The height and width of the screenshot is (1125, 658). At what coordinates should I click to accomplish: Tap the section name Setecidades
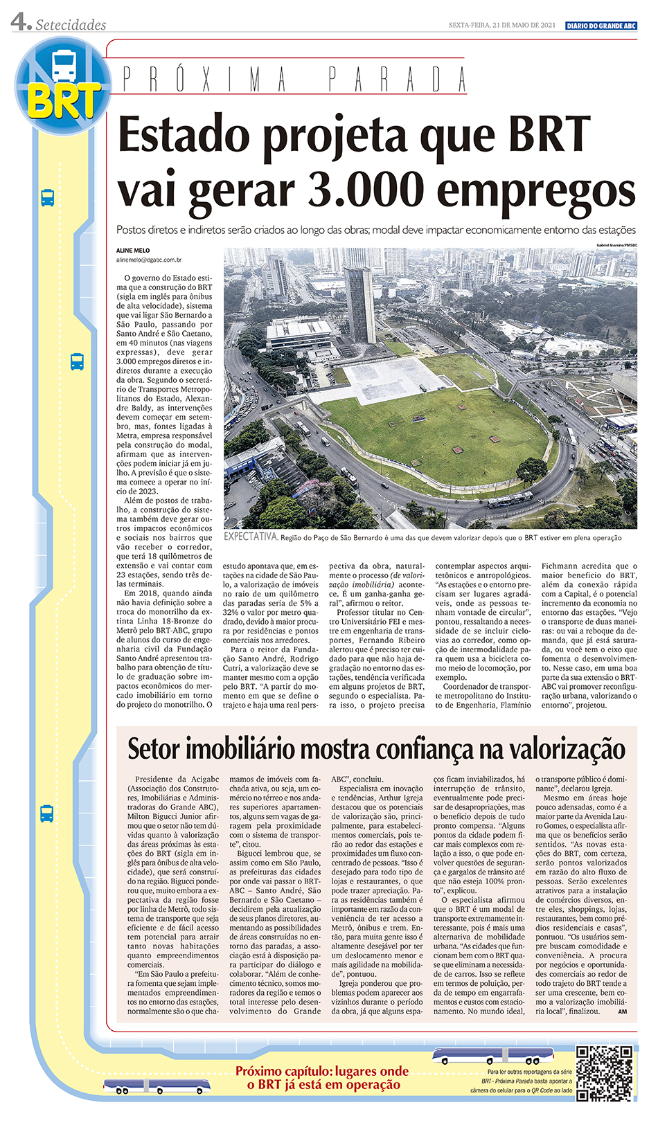pyautogui.click(x=71, y=25)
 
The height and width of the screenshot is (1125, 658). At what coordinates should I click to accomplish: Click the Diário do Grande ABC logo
pyautogui.click(x=601, y=26)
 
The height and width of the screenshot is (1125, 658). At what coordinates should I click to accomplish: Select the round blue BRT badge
pyautogui.click(x=63, y=86)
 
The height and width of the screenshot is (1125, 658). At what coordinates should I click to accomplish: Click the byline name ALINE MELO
pyautogui.click(x=133, y=251)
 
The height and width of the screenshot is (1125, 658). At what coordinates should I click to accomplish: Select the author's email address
pyautogui.click(x=149, y=260)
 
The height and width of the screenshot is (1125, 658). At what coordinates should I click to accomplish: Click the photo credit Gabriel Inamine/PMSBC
pyautogui.click(x=616, y=245)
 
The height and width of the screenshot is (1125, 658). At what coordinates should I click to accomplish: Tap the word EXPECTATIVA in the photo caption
pyautogui.click(x=251, y=537)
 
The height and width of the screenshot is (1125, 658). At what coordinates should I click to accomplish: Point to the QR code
pyautogui.click(x=605, y=1073)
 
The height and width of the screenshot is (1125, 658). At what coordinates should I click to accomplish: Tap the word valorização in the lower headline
pyautogui.click(x=567, y=749)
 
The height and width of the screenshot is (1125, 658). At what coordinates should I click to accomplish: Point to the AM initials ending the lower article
pyautogui.click(x=622, y=1011)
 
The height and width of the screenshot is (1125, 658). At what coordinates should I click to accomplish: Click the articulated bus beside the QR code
pyautogui.click(x=493, y=1056)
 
